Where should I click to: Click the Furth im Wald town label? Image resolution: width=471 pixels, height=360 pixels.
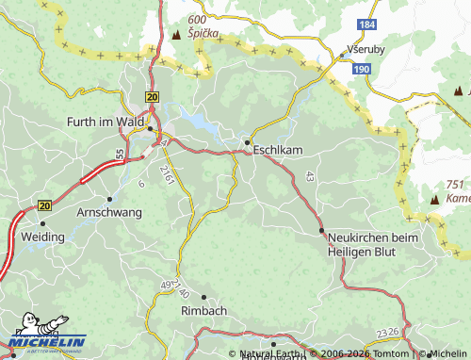pos(107,122)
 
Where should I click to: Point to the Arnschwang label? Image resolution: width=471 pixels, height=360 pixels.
pos(108,212)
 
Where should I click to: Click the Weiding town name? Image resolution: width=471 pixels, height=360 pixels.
pos(42,237)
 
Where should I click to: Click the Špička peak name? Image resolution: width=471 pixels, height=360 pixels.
pos(203,33)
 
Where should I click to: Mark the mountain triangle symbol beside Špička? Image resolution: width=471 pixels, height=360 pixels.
pos(176,35)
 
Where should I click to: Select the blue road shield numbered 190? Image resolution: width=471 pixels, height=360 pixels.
pos(362,69)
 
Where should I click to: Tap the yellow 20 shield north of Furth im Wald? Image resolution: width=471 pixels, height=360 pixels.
pos(153,96)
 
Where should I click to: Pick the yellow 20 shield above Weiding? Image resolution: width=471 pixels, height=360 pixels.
pos(44,205)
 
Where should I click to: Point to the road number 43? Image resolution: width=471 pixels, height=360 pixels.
pos(309,176)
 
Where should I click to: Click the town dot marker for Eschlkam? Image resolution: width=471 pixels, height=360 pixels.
pos(248,143)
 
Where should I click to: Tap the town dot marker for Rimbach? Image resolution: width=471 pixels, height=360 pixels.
pos(204,297)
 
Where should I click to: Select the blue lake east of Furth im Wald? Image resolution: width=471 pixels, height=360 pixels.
pos(199,120)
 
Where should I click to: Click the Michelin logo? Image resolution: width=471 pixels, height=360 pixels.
pos(46,340)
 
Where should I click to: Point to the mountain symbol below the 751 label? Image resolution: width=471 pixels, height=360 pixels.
pos(434,201)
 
